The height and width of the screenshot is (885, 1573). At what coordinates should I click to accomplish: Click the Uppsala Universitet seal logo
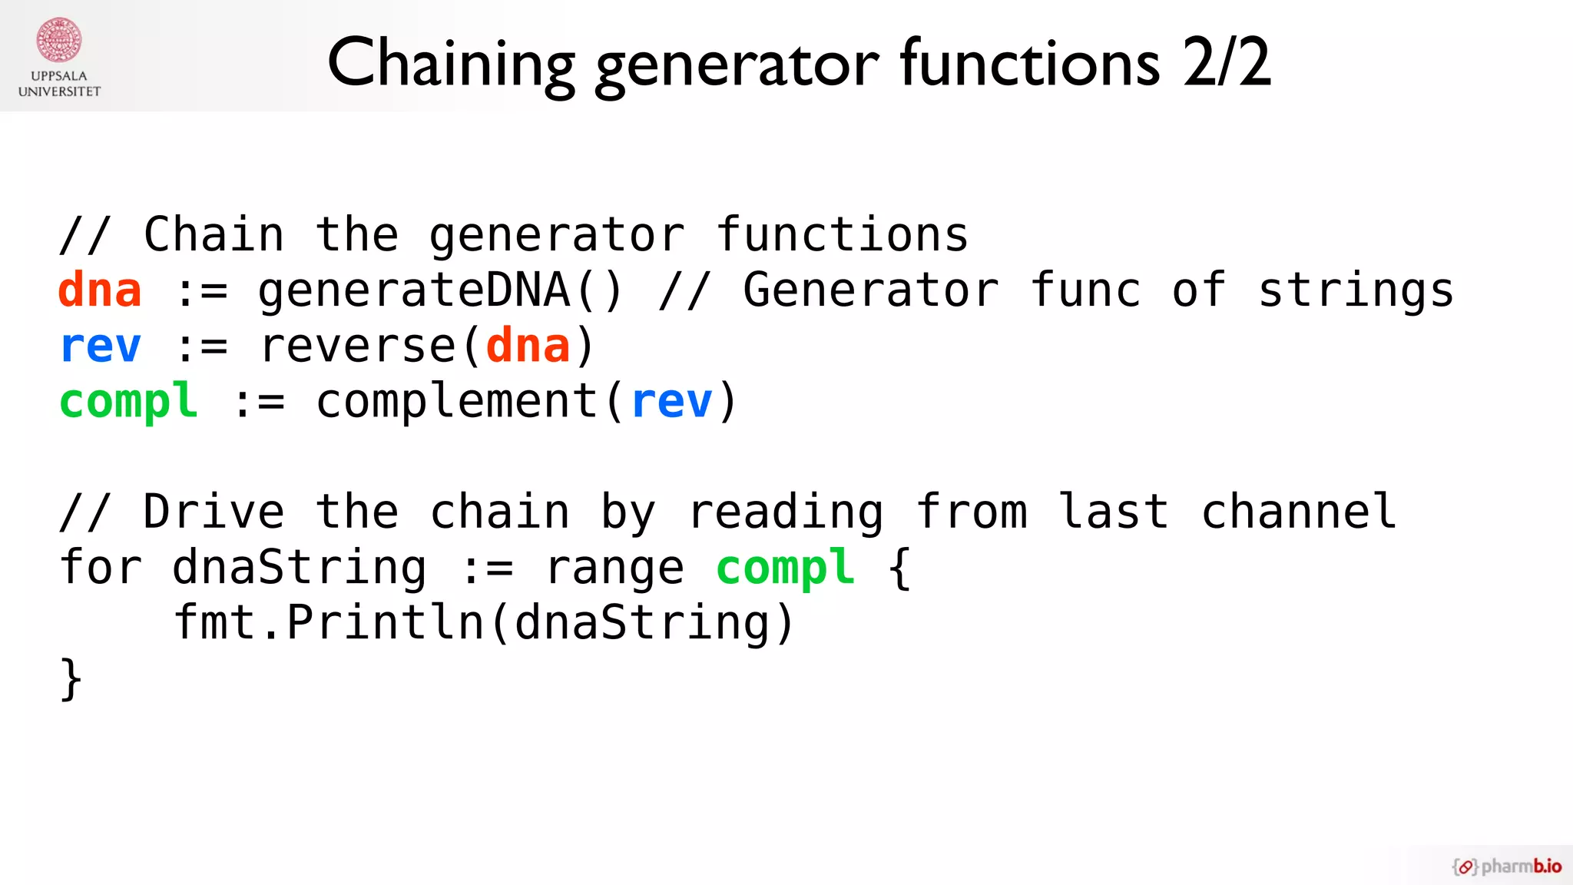(59, 40)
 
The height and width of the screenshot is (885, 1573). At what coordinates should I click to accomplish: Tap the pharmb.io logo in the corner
(1506, 866)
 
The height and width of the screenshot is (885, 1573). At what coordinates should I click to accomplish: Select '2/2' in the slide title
(1227, 63)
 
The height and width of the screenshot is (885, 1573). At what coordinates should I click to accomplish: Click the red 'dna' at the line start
(100, 290)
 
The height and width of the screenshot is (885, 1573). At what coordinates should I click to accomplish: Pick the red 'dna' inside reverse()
(528, 346)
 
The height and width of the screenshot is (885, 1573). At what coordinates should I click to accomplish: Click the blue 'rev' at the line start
(100, 346)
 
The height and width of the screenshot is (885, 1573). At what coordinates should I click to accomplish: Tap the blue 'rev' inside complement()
(671, 401)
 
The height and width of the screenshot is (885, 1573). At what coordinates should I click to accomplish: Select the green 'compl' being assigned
(128, 401)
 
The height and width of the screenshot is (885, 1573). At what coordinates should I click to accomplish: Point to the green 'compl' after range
(785, 568)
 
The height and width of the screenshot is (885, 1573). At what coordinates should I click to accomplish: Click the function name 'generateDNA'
(414, 290)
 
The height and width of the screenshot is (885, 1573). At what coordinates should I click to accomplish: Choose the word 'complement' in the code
(457, 401)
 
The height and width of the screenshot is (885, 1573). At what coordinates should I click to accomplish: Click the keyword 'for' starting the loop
(100, 568)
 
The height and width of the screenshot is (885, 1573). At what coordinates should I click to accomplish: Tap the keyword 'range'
(614, 568)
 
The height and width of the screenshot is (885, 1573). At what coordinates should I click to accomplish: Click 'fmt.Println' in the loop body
(329, 622)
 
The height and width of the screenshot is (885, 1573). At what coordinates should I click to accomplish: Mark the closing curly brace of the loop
(71, 678)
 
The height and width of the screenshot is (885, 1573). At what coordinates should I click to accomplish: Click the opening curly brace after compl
(899, 568)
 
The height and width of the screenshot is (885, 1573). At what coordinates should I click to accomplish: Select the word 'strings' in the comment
(1356, 290)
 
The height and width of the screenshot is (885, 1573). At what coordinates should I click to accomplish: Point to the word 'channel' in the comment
(1299, 512)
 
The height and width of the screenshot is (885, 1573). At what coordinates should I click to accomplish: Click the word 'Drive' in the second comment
(214, 512)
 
